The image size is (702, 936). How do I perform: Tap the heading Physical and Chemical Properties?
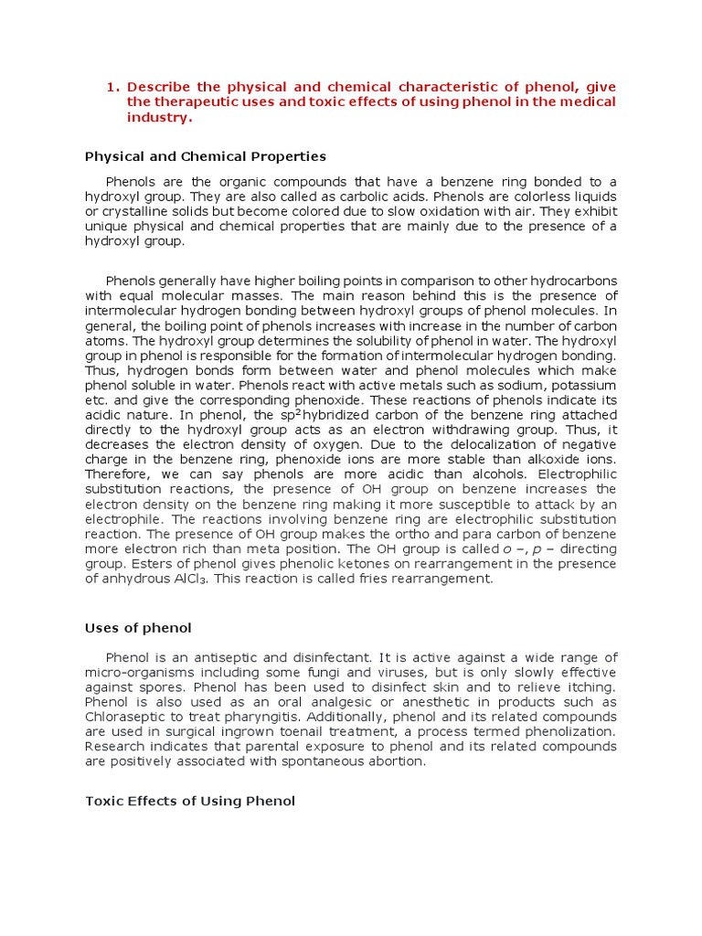point(206,156)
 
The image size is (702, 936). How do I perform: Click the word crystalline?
point(138,212)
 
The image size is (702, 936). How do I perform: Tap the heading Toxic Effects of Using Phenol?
point(190,802)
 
